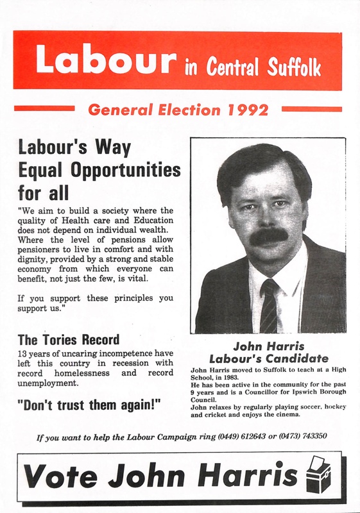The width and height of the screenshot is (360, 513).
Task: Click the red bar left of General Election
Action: point(44,109)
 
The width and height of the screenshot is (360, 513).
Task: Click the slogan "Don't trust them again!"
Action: point(89,406)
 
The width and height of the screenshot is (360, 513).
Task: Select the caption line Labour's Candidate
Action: point(269,358)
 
